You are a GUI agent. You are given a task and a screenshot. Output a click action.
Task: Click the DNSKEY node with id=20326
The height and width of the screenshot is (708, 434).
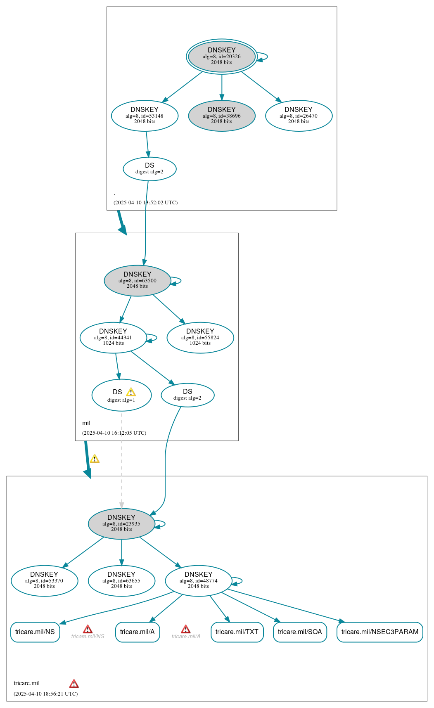coord(222,57)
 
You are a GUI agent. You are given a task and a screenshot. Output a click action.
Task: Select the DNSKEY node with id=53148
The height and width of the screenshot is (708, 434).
coord(145,116)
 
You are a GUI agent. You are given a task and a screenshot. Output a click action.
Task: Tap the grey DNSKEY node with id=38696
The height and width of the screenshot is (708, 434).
coord(222,116)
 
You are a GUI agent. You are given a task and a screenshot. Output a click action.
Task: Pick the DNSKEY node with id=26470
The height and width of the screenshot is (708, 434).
coord(299,116)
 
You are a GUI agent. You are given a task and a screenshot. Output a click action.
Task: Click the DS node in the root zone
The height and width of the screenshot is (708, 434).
coord(149,169)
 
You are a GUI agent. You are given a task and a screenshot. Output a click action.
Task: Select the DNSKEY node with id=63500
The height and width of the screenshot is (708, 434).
coord(138,281)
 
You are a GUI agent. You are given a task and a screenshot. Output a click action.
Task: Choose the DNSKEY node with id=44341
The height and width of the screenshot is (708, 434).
coord(113,338)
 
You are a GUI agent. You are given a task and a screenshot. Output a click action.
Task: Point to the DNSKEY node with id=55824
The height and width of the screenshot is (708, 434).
coord(200,338)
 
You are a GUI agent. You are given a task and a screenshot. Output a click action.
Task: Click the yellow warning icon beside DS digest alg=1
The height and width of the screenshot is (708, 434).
coord(131,392)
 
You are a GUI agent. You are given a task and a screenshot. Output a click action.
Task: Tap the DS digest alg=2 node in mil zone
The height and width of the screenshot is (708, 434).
coord(187,395)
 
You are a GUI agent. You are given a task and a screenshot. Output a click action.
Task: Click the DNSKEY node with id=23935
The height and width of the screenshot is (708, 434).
coord(121,524)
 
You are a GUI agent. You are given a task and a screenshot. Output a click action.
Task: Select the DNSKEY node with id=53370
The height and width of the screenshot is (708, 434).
coord(44,581)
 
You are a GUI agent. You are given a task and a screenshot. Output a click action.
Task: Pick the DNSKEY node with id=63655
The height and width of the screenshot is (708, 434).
coord(121,581)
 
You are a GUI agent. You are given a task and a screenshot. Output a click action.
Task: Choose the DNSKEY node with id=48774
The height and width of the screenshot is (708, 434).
coord(199,581)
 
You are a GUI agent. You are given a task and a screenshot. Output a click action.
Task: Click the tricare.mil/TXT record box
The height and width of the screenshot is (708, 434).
coord(237,632)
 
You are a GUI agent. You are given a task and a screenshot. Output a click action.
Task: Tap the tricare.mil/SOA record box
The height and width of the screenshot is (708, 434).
coord(300,632)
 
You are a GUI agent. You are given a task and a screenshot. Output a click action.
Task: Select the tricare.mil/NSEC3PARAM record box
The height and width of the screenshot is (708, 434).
coord(380,632)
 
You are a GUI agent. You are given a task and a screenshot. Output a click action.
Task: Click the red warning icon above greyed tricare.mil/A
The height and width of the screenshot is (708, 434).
coord(186,629)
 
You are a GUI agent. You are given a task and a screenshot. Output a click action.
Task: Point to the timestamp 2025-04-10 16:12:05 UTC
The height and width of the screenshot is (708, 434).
coord(114,433)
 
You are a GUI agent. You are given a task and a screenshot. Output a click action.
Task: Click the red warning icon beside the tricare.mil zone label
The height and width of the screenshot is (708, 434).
coord(74,684)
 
